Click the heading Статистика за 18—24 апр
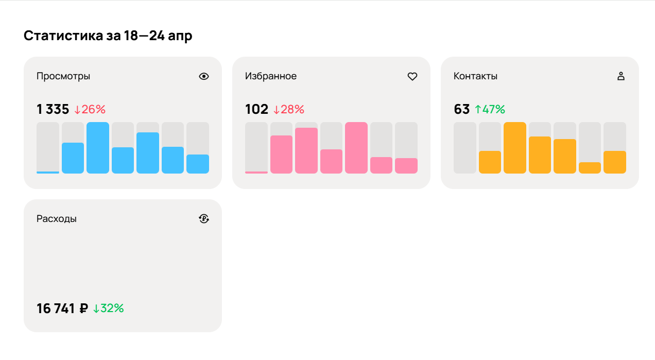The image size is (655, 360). pyautogui.click(x=108, y=36)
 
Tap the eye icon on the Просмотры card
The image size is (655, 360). pyautogui.click(x=204, y=76)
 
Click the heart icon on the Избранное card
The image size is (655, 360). pyautogui.click(x=412, y=76)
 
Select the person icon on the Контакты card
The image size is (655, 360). pyautogui.click(x=620, y=76)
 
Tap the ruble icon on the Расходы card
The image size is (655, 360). pyautogui.click(x=204, y=219)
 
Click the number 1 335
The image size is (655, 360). pyautogui.click(x=53, y=109)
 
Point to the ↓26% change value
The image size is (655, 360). pyautogui.click(x=90, y=109)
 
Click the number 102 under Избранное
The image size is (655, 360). pyautogui.click(x=256, y=109)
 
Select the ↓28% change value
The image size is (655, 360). pyautogui.click(x=288, y=109)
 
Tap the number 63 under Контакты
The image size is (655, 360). pyautogui.click(x=461, y=109)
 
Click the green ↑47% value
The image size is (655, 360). pyautogui.click(x=490, y=109)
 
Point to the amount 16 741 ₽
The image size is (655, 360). pyautogui.click(x=62, y=308)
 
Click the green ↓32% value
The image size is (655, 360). pyautogui.click(x=108, y=308)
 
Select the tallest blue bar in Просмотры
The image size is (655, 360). pyautogui.click(x=98, y=148)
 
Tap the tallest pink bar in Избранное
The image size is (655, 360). pyautogui.click(x=356, y=148)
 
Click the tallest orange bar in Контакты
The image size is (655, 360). pyautogui.click(x=515, y=148)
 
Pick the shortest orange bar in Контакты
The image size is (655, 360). pyautogui.click(x=590, y=168)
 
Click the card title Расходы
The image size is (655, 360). pyautogui.click(x=57, y=219)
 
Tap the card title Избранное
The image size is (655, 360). pyautogui.click(x=271, y=76)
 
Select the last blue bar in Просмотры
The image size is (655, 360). pyautogui.click(x=198, y=164)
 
